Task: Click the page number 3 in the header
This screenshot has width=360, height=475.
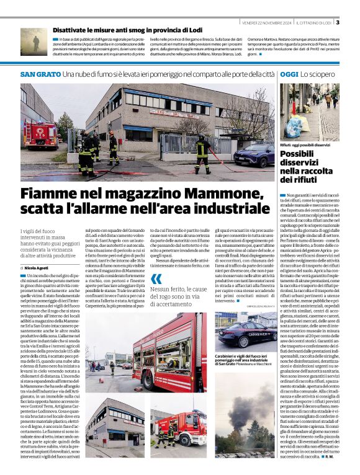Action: click(338, 23)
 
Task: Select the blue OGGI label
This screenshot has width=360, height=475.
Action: click(289, 74)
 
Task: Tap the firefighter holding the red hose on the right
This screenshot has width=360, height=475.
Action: click(202, 153)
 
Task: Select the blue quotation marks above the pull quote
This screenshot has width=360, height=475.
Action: click(156, 279)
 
